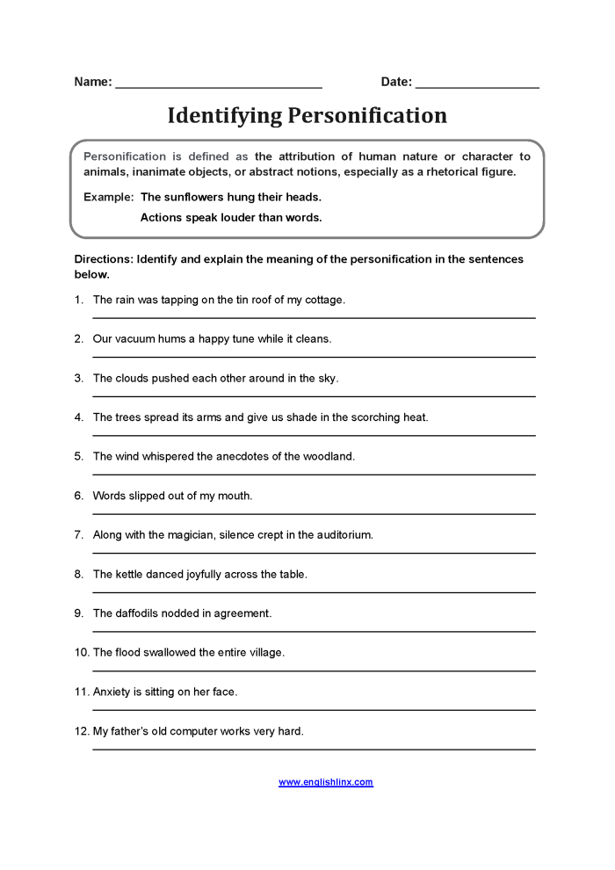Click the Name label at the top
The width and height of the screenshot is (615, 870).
(93, 82)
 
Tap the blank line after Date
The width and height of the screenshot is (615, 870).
(477, 85)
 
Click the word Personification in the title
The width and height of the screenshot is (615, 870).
(369, 116)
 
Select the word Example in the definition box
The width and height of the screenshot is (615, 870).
(108, 197)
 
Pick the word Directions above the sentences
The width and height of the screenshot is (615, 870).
(105, 259)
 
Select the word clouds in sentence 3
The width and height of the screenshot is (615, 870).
(131, 378)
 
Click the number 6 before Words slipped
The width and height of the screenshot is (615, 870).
(78, 496)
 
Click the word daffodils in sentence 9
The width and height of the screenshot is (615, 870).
(138, 613)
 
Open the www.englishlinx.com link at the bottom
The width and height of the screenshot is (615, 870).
(326, 782)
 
